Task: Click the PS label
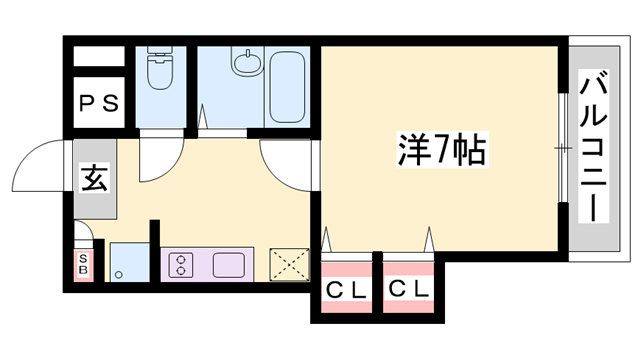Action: point(99,102)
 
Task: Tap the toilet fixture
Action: point(159,71)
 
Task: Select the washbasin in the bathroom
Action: point(243,64)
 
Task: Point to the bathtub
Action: point(287,84)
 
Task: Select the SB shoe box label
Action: point(84,264)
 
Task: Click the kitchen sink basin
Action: point(227,265)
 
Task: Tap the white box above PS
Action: point(99,56)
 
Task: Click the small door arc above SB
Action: point(86,237)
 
